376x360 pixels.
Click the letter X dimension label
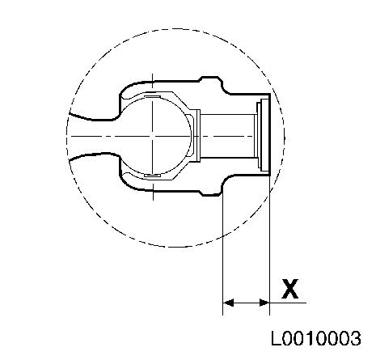pyautogui.click(x=290, y=289)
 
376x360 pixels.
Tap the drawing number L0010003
pyautogui.click(x=315, y=338)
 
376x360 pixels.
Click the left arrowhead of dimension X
pyautogui.click(x=229, y=303)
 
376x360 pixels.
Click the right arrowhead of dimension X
pyautogui.click(x=264, y=303)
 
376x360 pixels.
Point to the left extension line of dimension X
pyautogui.click(x=222, y=253)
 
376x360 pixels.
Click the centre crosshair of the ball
pyautogui.click(x=153, y=136)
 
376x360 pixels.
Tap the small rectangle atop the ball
pyautogui.click(x=153, y=96)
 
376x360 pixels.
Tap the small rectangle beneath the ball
pyautogui.click(x=153, y=176)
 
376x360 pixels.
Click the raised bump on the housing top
pyautogui.click(x=210, y=79)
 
